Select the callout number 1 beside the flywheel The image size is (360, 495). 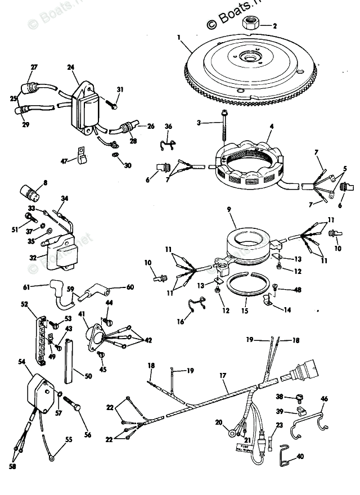tap(178, 38)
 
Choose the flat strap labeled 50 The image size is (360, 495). tap(68, 361)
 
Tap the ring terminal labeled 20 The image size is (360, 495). tap(231, 433)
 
